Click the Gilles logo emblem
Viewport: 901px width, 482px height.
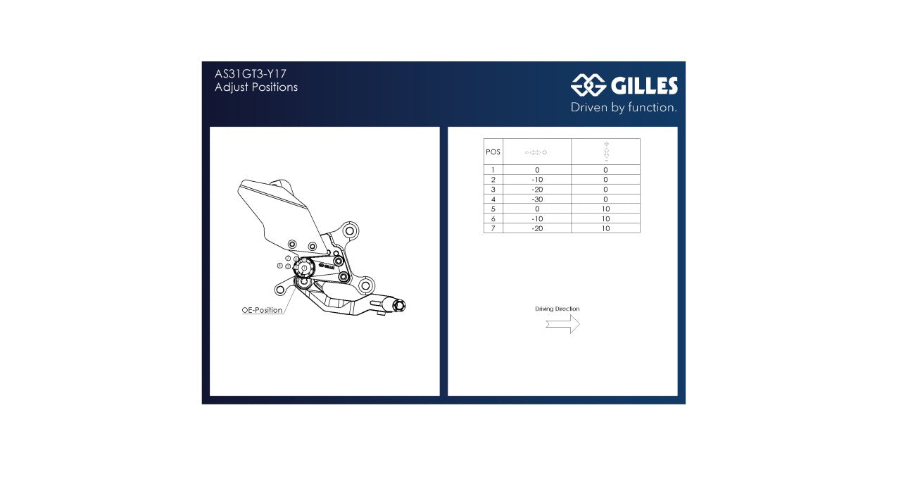point(588,85)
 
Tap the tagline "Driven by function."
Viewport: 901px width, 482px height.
point(624,108)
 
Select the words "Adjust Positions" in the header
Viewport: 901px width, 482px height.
point(256,87)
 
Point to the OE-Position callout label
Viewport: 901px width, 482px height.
point(262,310)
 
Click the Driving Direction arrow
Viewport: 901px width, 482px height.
point(562,324)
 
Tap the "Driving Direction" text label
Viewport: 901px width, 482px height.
point(557,309)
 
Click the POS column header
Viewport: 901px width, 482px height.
point(493,152)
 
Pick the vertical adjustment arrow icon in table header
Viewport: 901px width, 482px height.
point(606,152)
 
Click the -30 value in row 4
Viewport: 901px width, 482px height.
point(537,199)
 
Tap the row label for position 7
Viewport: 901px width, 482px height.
point(493,228)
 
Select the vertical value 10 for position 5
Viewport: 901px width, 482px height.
point(605,209)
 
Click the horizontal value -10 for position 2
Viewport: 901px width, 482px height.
point(537,180)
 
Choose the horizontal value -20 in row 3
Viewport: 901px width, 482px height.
point(537,190)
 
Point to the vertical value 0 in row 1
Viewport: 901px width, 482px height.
point(605,170)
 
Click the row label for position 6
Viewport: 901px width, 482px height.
point(493,219)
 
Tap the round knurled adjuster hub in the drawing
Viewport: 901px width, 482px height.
point(304,268)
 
